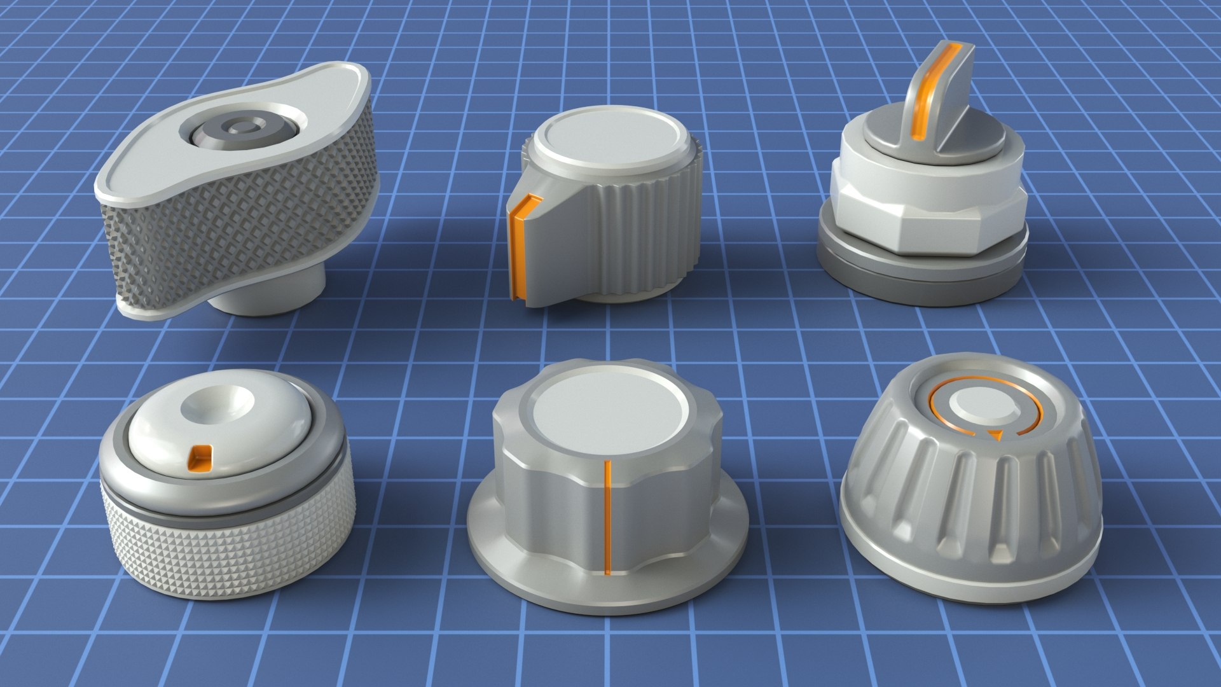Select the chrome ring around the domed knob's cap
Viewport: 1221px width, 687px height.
(x=127, y=471)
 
